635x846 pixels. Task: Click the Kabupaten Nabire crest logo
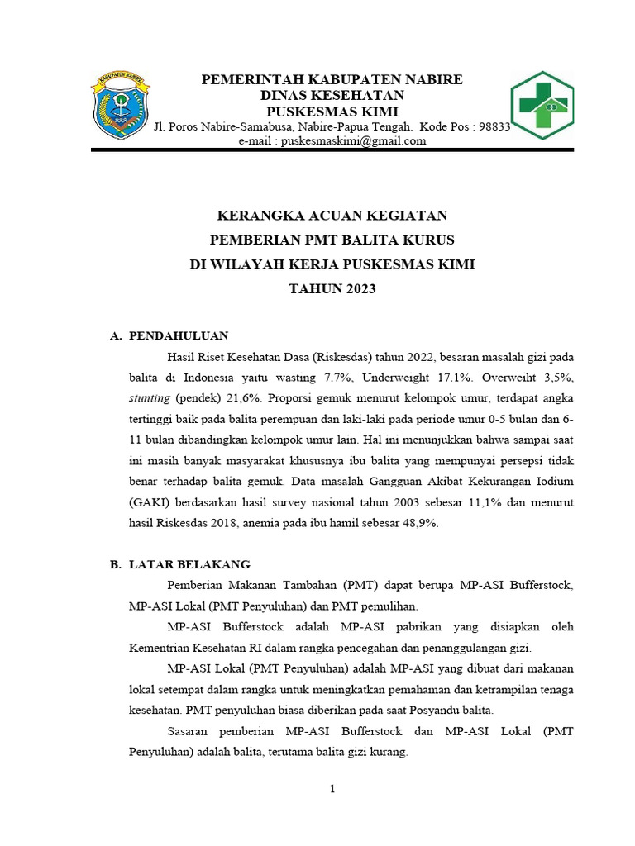point(121,105)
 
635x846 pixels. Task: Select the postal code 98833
point(494,126)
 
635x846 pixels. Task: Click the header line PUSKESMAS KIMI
point(332,112)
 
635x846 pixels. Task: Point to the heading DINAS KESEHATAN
point(332,96)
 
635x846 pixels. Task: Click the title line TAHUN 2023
point(332,288)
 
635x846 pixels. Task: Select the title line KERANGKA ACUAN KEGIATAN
point(332,216)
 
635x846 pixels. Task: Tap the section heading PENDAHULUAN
point(179,335)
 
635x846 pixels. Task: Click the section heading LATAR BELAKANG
point(189,564)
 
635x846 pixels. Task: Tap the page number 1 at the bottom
point(332,789)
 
